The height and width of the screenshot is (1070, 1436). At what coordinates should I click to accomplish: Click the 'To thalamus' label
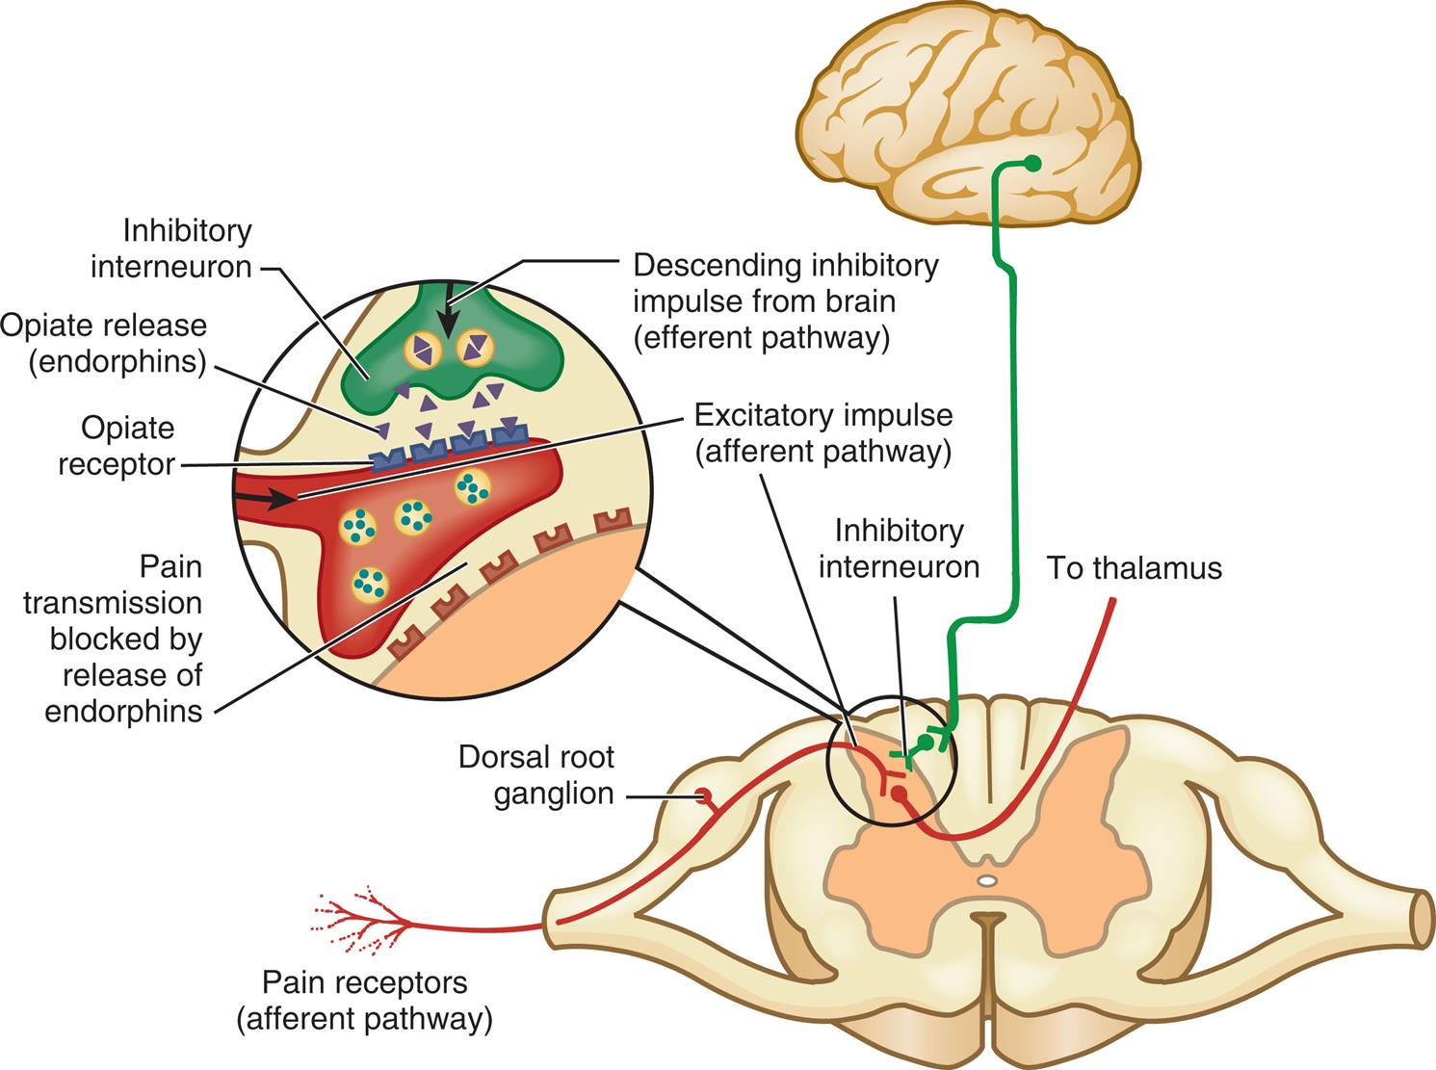[x=1134, y=568]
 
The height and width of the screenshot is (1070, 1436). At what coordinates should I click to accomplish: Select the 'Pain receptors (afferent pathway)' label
[x=365, y=1001]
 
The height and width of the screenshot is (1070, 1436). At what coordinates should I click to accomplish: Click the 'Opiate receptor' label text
[x=116, y=445]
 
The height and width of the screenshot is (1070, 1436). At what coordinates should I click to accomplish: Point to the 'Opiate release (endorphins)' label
[x=104, y=343]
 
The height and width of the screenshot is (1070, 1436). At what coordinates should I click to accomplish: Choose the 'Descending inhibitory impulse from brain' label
[x=784, y=301]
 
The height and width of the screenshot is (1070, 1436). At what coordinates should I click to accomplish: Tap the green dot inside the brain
[x=1032, y=163]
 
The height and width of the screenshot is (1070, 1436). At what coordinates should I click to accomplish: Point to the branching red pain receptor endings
[x=356, y=916]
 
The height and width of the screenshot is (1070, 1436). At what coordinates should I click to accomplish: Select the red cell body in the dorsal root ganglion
[x=705, y=796]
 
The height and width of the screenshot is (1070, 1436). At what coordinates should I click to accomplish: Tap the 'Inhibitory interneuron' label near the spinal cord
[x=899, y=549]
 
